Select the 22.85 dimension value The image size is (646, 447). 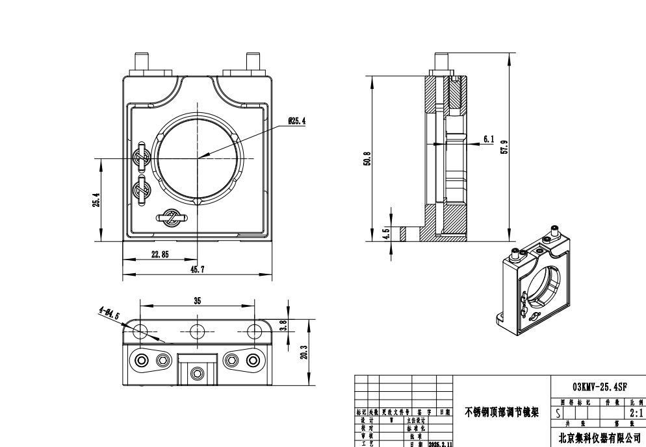[160, 255]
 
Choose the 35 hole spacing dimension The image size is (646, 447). [197, 301]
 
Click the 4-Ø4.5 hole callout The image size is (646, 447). [109, 315]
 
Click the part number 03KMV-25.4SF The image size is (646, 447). [599, 385]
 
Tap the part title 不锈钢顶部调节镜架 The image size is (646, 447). [501, 412]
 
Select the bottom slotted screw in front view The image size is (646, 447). [172, 219]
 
